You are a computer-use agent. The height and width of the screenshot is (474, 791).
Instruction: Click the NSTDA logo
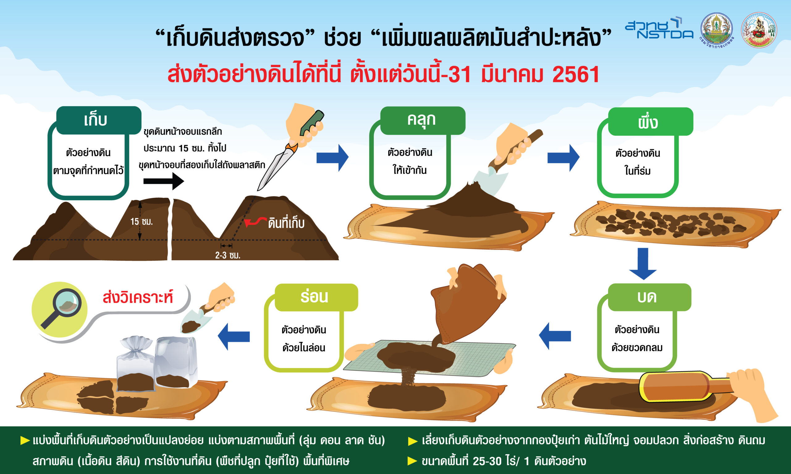pos(659,28)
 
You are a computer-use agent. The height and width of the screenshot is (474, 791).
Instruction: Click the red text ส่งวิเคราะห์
pos(138,297)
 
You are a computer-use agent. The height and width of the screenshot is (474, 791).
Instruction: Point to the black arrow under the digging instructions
pos(164,181)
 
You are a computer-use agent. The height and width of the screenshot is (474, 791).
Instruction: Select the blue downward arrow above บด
pos(643,264)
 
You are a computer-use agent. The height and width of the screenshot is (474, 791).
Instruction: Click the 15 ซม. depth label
pos(142,221)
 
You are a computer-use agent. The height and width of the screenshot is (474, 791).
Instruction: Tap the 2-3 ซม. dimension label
pos(228,255)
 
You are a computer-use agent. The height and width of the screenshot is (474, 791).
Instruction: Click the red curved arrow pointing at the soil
pos(255,221)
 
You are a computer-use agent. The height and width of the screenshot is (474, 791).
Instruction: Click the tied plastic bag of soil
pos(136,364)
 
